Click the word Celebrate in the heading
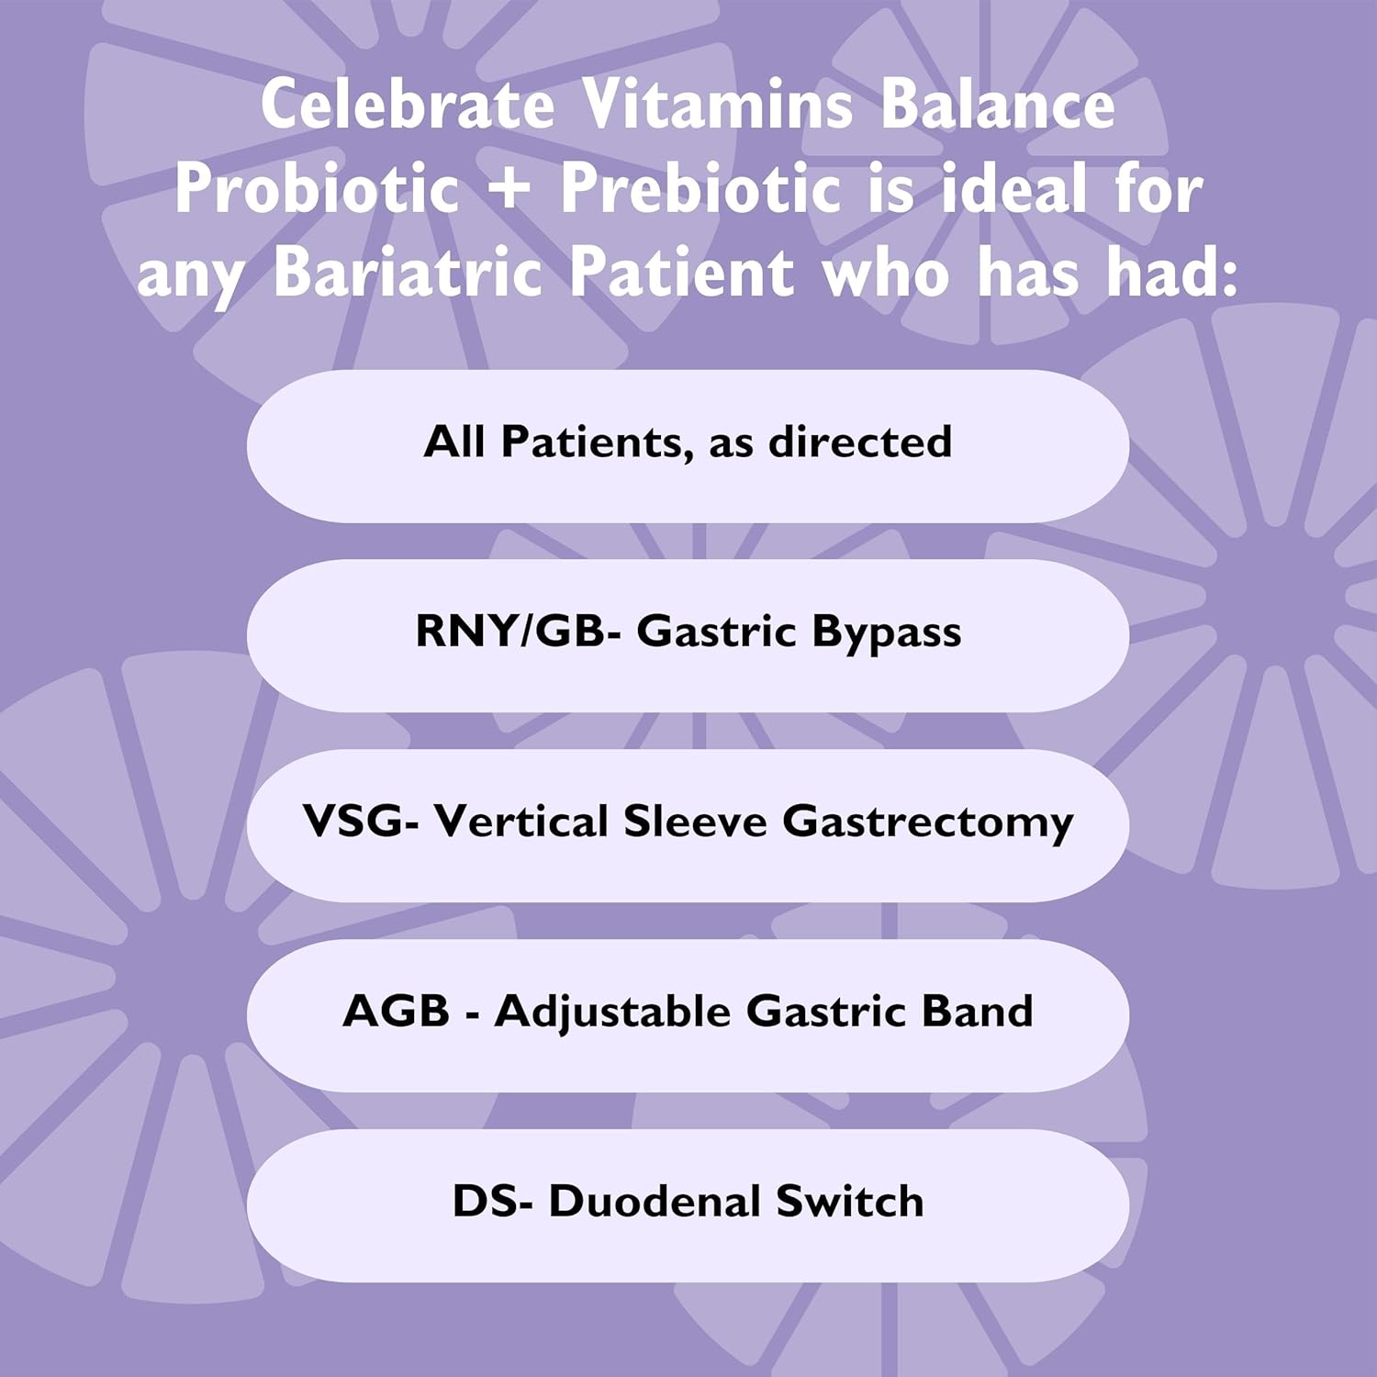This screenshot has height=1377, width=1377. pos(408,104)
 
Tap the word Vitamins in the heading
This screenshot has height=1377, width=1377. pos(718,104)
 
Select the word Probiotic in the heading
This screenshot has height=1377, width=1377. pos(317,188)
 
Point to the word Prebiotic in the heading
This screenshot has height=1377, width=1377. pos(700,188)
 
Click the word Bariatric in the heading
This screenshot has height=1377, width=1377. pos(409,273)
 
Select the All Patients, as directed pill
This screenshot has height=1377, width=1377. pos(688,446)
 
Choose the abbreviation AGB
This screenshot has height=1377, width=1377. pos(396,1011)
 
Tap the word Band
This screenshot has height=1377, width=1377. pos(977,1011)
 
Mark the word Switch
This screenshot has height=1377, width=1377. pos(849,1201)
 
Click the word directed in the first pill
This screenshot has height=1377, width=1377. pos(859,442)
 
